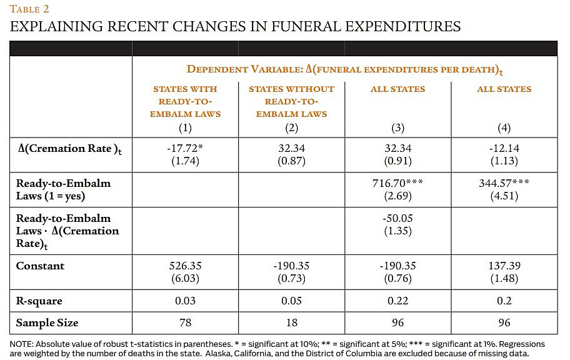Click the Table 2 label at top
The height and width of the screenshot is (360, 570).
29,9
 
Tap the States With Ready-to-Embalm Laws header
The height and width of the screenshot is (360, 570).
185,101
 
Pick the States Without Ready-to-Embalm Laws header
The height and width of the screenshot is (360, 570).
291,101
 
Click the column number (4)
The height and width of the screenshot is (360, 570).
504,127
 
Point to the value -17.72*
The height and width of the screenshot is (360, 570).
185,149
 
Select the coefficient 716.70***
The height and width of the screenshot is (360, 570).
397,184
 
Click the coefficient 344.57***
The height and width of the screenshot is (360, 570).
504,184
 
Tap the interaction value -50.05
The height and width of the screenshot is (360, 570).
397,219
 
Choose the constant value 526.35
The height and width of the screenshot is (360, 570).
185,266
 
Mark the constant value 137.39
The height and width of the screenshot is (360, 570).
504,266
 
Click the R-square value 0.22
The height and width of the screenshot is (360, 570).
397,301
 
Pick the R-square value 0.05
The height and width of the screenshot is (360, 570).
291,301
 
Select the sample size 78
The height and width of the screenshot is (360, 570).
185,323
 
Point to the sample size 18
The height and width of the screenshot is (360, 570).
291,323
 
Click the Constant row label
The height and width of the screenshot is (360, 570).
40,266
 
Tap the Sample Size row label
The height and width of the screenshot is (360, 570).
47,323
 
